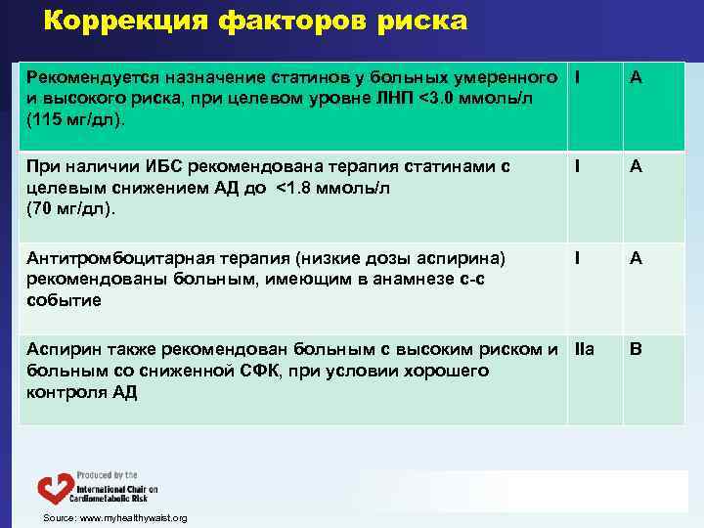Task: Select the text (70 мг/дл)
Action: pos(71,208)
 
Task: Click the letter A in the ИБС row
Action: pos(636,167)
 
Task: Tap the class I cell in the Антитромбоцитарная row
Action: pos(579,258)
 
